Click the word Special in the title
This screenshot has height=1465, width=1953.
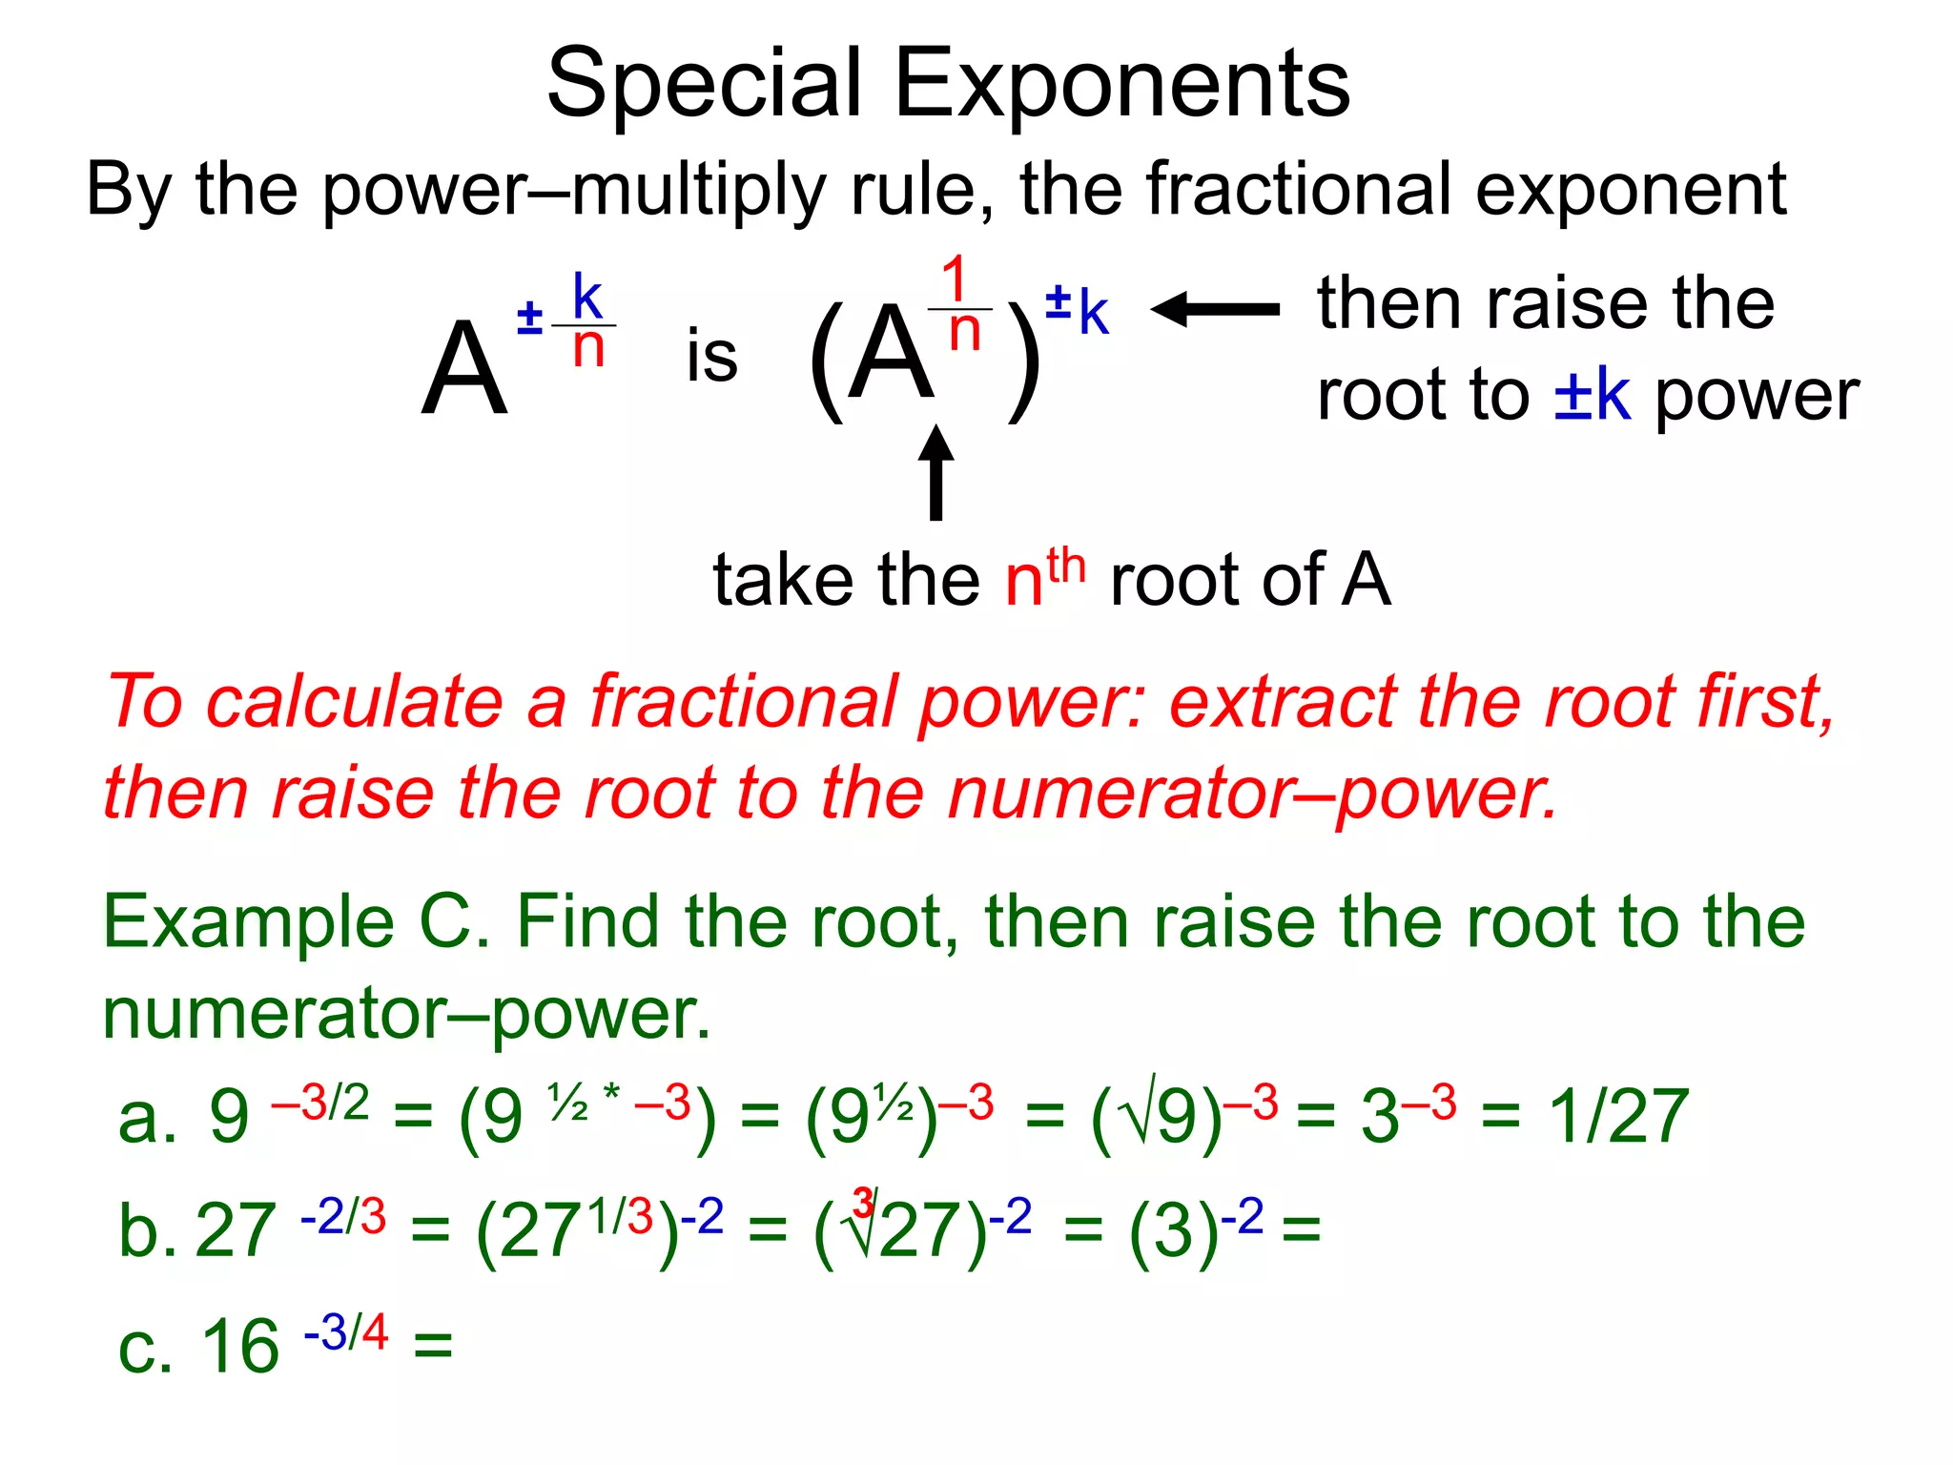pos(705,86)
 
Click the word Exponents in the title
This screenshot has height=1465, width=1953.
pos(1121,86)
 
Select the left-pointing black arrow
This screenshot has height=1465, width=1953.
pos(1215,309)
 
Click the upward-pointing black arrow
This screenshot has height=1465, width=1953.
pos(936,472)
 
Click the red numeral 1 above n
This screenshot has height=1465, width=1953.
pos(956,279)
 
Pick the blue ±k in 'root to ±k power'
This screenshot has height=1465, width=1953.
pos(1592,395)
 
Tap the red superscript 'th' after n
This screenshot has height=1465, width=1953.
pos(1065,567)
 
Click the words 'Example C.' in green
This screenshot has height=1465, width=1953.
pos(297,922)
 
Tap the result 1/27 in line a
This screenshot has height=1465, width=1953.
pos(1618,1116)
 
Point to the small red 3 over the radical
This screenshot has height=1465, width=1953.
pos(863,1203)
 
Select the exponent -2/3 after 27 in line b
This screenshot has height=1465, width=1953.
pos(343,1217)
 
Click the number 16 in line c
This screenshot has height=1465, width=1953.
pos(240,1347)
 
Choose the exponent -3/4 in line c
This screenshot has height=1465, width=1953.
pos(345,1332)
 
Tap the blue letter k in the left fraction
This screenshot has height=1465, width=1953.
pos(586,298)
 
